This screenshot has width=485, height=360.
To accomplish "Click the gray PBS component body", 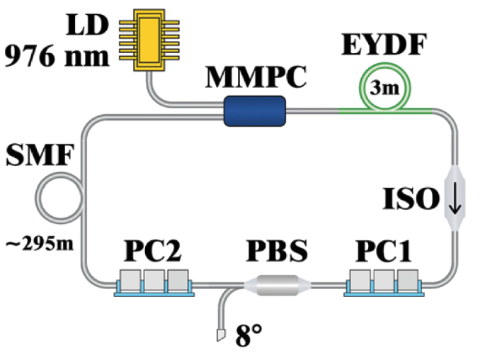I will click(x=277, y=286).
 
